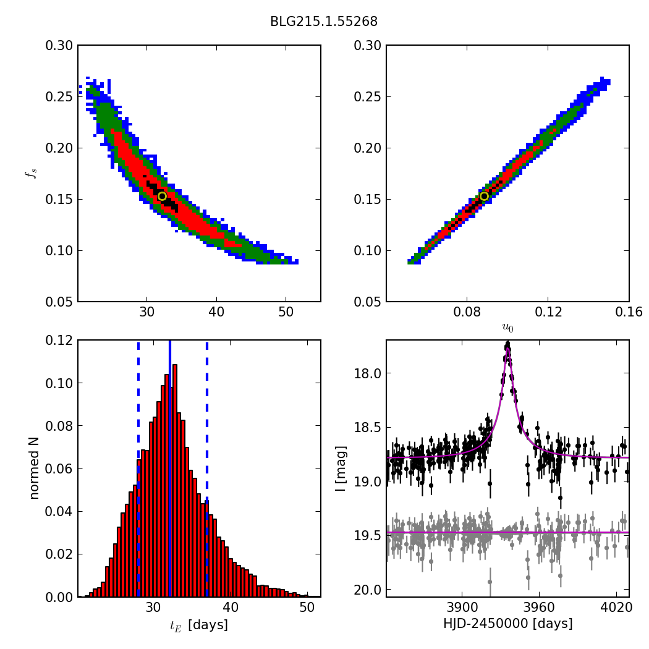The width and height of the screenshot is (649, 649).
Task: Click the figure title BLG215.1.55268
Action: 323,22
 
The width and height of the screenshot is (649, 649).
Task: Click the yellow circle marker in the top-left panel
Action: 162,197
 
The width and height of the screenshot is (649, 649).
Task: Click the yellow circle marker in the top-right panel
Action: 484,197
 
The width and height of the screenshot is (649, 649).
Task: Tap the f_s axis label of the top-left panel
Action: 30,174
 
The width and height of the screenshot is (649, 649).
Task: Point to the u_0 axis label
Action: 507,328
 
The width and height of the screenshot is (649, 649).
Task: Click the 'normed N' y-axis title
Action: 34,468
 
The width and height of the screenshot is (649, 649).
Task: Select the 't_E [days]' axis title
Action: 199,625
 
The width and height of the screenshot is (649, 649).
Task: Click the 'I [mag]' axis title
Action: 341,468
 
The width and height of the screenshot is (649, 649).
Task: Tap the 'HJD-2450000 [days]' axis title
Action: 507,624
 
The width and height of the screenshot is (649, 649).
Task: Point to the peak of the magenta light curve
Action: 507,349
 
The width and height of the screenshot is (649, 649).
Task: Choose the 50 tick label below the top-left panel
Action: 285,313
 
